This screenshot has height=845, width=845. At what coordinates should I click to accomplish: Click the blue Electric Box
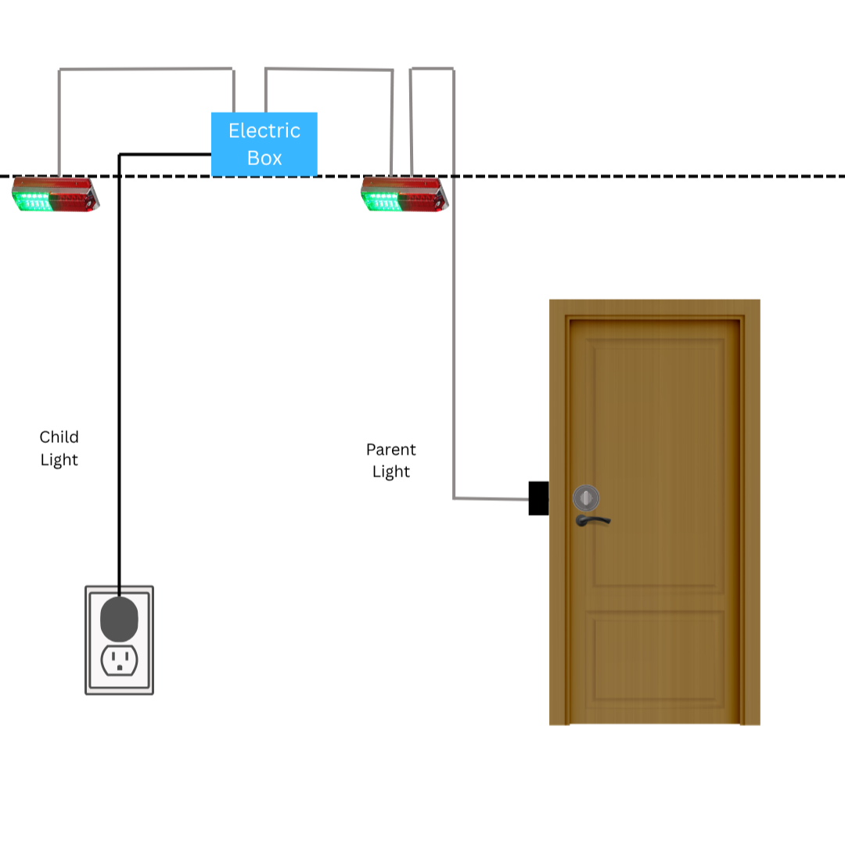tap(264, 144)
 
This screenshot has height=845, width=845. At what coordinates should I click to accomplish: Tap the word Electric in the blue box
tap(264, 131)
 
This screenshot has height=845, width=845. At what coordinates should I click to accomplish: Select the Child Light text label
tap(59, 448)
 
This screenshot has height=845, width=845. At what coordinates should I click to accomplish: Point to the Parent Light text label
tap(390, 460)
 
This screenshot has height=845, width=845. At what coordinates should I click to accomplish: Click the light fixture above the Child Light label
tap(56, 194)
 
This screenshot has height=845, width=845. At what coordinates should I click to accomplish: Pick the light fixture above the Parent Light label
tap(405, 194)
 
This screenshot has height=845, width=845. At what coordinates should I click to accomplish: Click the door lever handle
tap(592, 520)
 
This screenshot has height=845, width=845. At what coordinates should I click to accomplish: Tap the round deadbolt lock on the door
tap(586, 498)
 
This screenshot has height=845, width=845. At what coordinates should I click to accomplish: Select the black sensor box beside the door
tap(538, 498)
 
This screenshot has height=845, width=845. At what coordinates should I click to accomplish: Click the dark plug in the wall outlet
tap(119, 619)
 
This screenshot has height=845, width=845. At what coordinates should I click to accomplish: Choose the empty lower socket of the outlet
tap(120, 660)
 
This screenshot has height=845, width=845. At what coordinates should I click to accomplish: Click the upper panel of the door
tap(659, 463)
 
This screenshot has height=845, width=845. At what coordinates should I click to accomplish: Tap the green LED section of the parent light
tap(382, 201)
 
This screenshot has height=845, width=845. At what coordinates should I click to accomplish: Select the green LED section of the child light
tap(32, 201)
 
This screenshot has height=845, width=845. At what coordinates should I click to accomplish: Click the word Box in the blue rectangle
tap(264, 158)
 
